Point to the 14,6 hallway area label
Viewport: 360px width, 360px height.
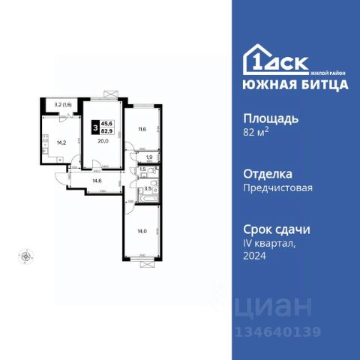coord(97,180)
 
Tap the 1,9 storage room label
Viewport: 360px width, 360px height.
coord(149,157)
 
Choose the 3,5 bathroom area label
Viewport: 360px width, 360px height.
coord(148,188)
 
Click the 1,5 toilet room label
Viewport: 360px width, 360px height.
coord(143,170)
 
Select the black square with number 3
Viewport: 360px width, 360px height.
coord(94,127)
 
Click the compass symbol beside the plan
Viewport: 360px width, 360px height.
coord(25,256)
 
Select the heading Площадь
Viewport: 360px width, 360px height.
coord(272,119)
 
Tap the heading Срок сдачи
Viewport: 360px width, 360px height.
coord(277,229)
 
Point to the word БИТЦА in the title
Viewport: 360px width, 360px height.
coord(322,84)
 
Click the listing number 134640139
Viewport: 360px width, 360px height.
coord(277,332)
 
